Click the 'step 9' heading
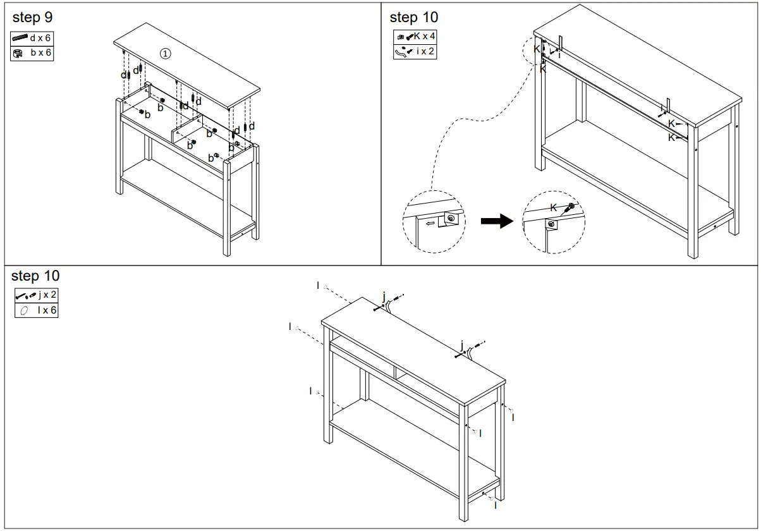(32, 17)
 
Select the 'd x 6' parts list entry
(32, 39)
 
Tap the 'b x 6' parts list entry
(32, 53)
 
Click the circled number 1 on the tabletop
(164, 54)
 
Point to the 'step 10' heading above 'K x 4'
(413, 17)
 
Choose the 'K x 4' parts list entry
(415, 37)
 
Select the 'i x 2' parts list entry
(415, 51)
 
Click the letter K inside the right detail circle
(554, 207)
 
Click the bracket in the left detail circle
(450, 219)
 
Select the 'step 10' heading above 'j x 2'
(35, 276)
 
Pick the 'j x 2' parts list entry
(36, 295)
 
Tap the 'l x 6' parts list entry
(36, 310)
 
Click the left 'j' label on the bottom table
(384, 295)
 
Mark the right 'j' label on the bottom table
(462, 345)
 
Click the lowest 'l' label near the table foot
(496, 506)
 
